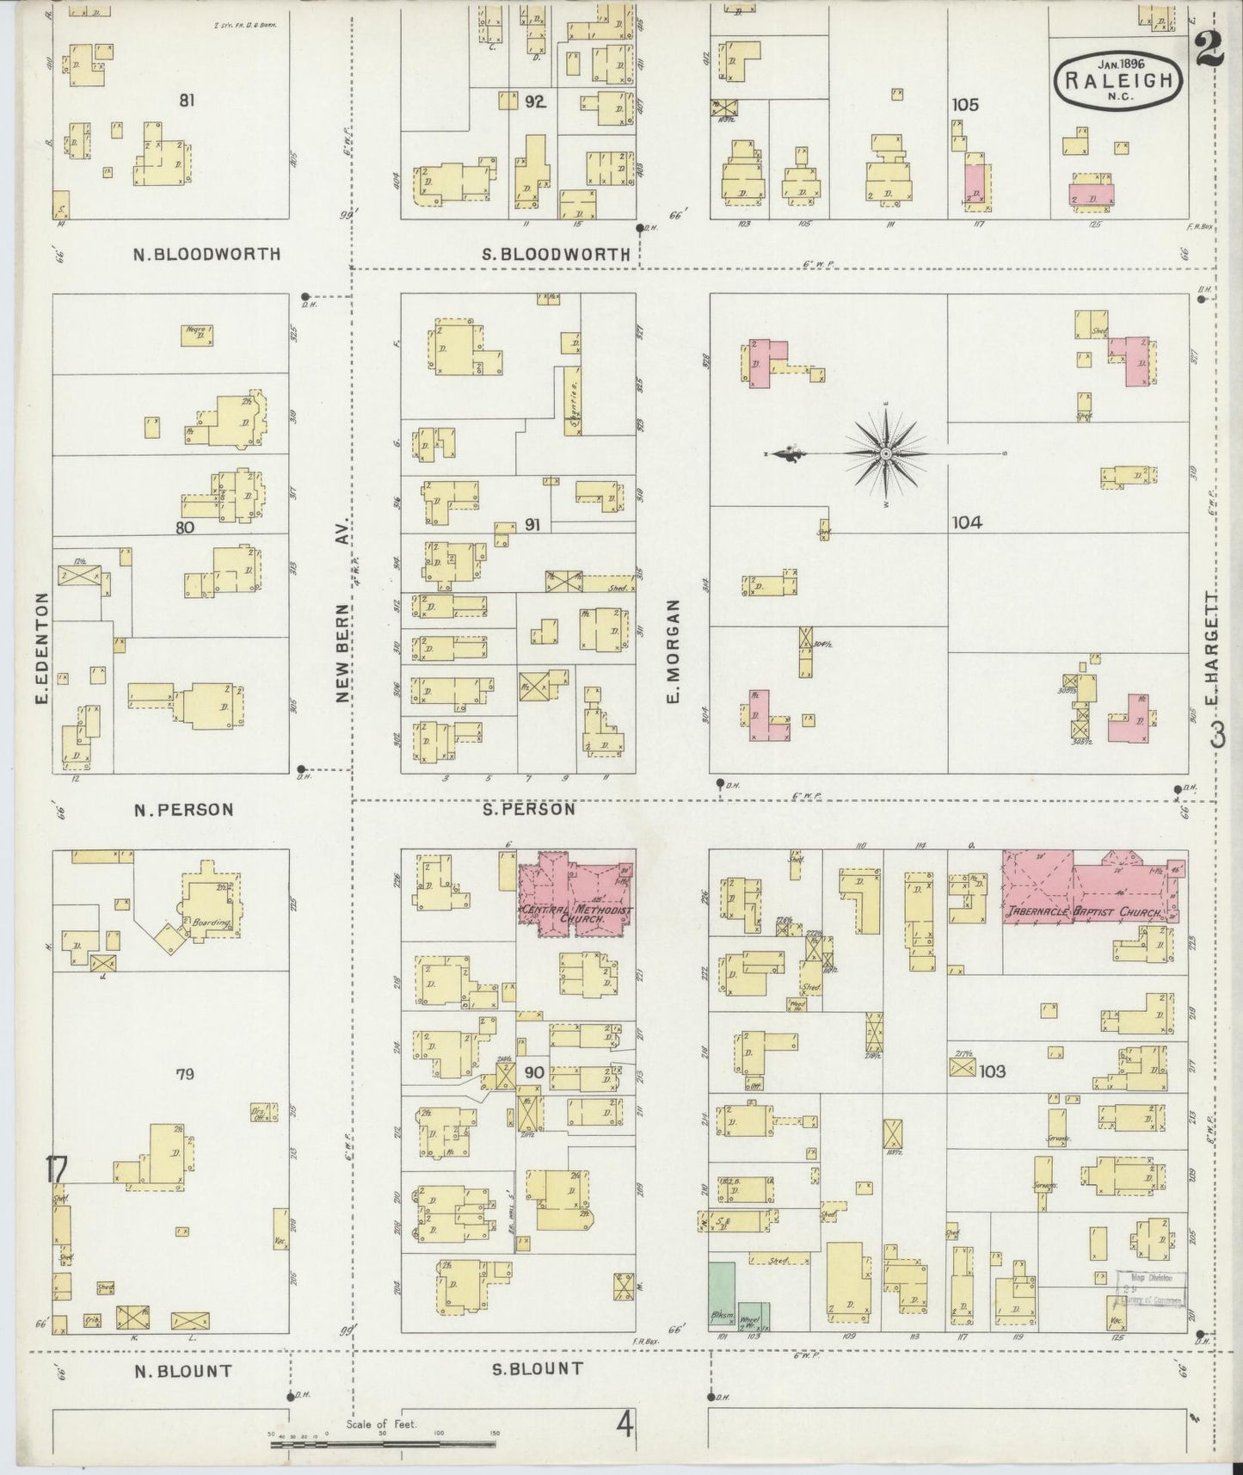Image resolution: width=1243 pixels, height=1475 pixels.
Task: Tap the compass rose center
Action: [x=885, y=453]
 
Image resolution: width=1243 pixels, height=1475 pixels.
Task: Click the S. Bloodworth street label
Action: [x=557, y=254]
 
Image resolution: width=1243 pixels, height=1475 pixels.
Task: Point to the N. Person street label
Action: [x=183, y=809]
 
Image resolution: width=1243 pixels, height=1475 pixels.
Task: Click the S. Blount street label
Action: [x=538, y=1368]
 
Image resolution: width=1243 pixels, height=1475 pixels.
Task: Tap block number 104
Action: [x=967, y=522]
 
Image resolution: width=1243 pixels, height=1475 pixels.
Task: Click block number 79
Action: [x=185, y=1073]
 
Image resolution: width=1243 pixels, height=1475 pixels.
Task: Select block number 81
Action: [x=187, y=101]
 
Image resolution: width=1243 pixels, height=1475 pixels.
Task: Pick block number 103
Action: [x=992, y=1071]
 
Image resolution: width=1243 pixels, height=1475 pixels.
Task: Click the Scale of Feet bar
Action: [x=382, y=1445]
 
